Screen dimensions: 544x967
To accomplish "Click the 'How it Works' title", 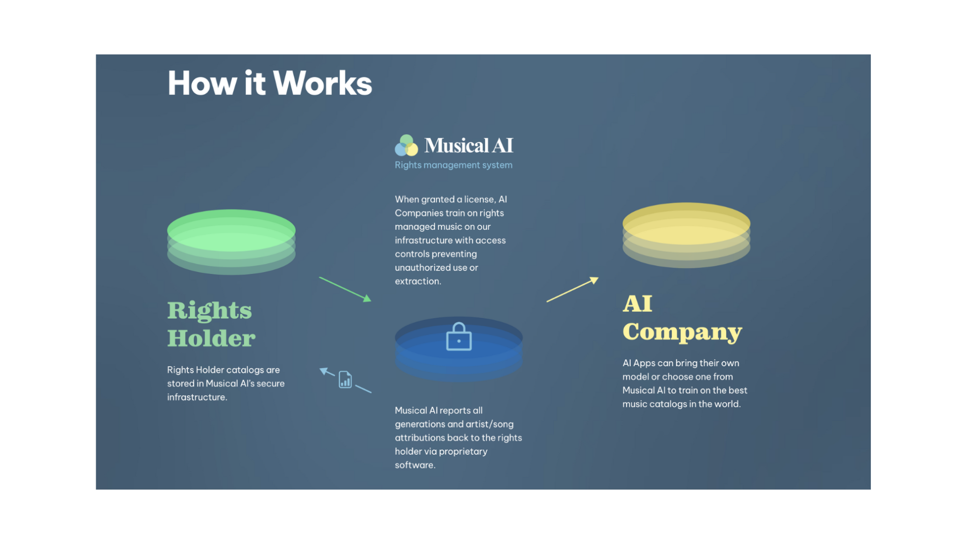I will pos(269,83).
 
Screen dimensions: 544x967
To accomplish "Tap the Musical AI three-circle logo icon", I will pos(406,146).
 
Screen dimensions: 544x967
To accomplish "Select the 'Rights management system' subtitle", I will pos(453,165).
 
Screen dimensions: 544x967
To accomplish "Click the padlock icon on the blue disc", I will pos(459,337).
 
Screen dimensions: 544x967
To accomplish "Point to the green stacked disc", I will pos(231,241).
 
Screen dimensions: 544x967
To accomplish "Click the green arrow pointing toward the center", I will pos(345,289).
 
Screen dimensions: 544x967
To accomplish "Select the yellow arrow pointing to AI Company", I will pos(572,289).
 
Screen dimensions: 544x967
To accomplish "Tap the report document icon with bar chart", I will pos(345,379).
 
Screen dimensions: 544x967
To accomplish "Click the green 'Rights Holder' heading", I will pos(211,324).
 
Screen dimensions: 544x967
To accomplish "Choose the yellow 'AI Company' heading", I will pos(682,318).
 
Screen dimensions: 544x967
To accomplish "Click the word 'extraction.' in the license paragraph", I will pos(418,281).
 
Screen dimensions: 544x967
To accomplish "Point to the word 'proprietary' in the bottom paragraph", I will pos(463,451).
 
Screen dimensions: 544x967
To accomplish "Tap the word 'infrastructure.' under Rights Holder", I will pos(197,397).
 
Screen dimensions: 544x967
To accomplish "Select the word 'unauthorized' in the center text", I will pos(420,267).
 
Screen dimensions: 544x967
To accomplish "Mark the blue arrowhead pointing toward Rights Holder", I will pos(324,370).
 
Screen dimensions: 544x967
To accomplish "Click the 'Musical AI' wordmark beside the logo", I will pos(469,146).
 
